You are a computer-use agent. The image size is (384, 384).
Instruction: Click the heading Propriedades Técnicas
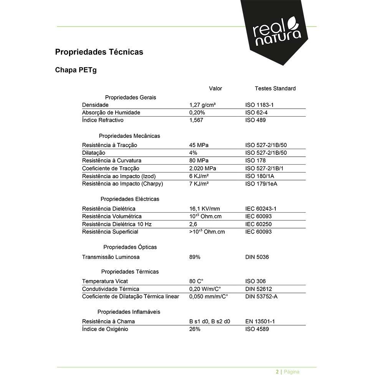click(99, 52)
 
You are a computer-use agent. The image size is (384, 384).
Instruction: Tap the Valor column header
click(215, 89)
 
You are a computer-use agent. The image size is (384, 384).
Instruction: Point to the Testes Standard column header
click(275, 89)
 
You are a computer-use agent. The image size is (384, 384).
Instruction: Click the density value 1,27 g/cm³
click(202, 105)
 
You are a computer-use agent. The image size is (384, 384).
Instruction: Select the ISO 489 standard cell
click(255, 120)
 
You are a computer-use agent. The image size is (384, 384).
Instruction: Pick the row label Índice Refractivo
click(103, 120)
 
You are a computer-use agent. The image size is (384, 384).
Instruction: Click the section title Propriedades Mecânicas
click(129, 136)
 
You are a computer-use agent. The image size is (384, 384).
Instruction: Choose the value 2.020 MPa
click(203, 168)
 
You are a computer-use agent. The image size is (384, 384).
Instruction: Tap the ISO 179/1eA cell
click(261, 184)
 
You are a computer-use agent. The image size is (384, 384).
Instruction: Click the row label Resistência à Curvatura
click(112, 161)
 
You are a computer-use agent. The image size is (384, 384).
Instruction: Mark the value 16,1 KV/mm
click(205, 209)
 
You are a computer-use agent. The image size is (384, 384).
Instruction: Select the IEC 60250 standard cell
click(258, 224)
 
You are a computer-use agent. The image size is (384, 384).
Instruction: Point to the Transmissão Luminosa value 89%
click(195, 257)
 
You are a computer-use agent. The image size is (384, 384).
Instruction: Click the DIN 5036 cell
click(257, 257)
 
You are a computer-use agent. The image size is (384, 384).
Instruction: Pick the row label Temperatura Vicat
click(105, 281)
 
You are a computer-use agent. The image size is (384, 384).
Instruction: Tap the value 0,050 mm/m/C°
click(209, 296)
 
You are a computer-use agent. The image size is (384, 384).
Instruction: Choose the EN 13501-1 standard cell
click(260, 321)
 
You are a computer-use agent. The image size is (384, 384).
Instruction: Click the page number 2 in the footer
click(277, 372)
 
